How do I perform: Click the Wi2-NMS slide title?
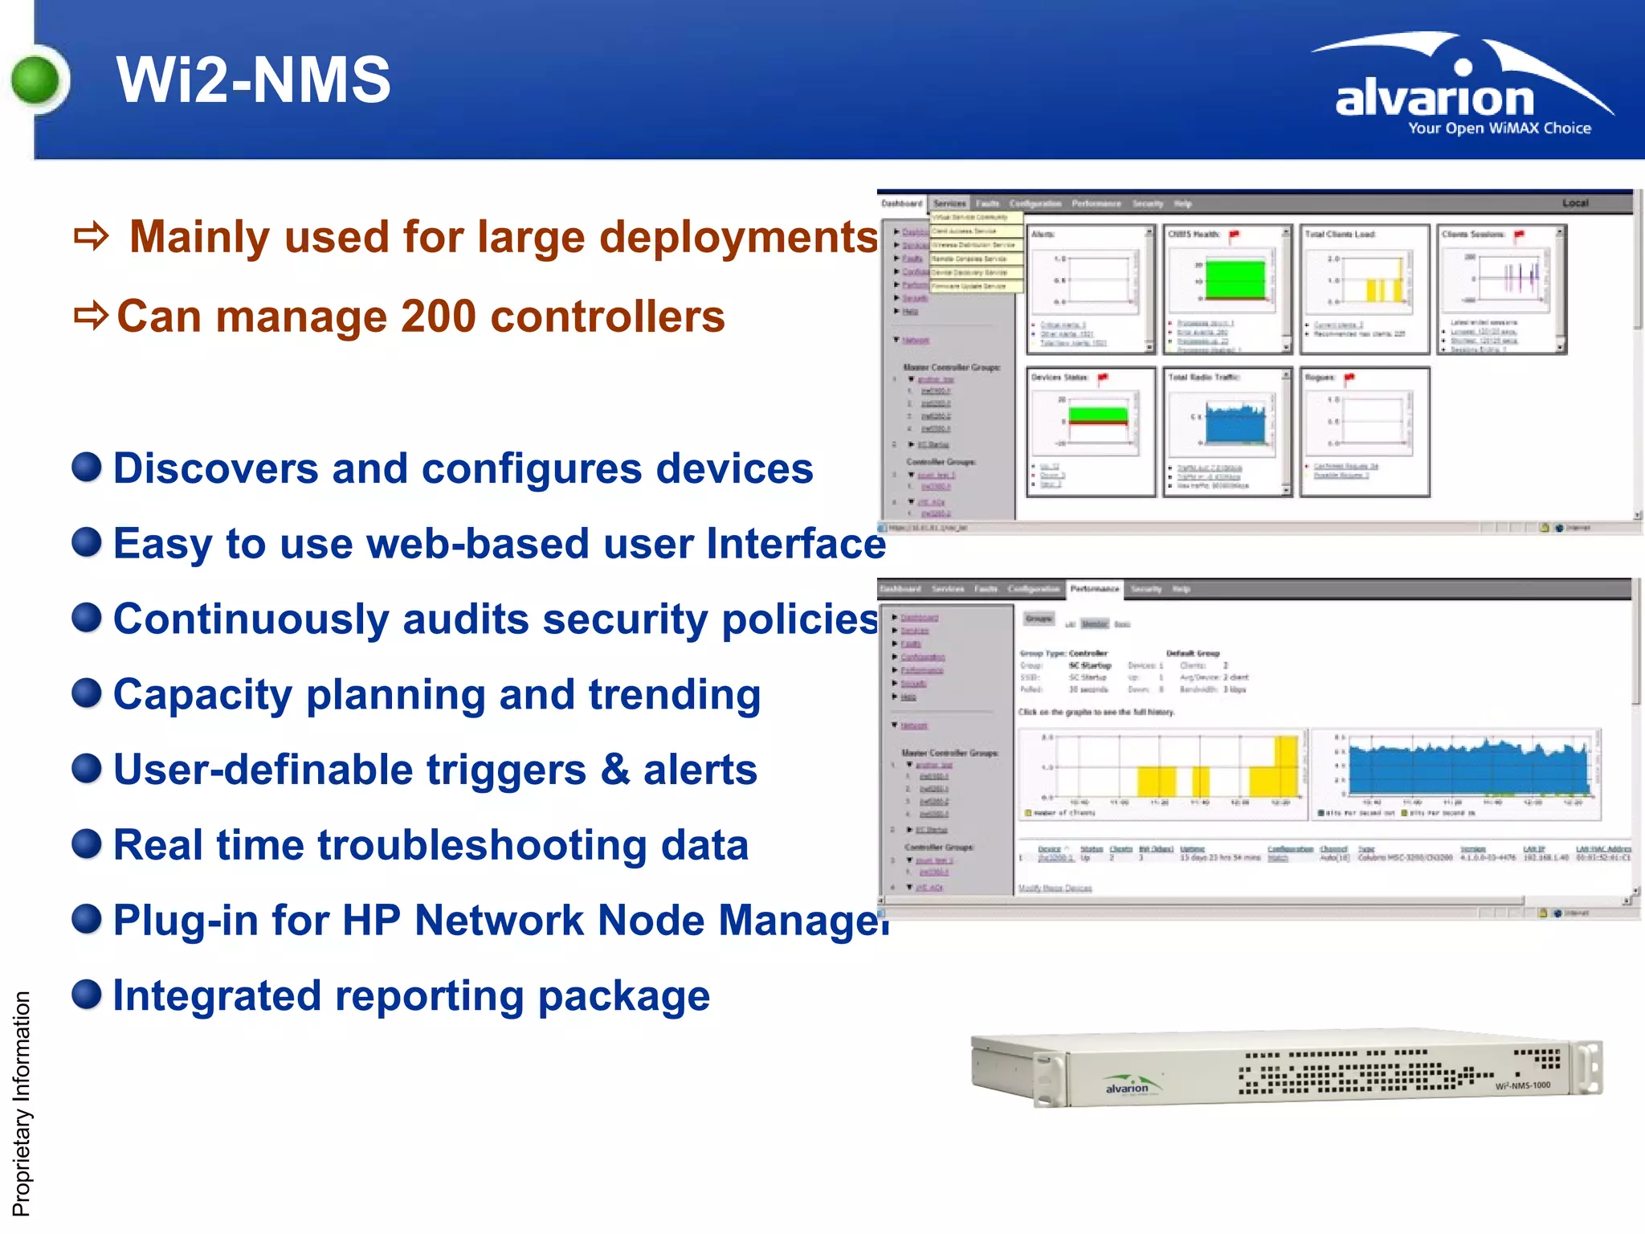253,80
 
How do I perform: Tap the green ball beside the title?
36,80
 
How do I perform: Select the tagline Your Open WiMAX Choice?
1499,129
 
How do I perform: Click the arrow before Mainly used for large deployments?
91,237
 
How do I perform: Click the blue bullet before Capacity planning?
87,693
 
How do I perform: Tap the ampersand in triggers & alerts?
615,769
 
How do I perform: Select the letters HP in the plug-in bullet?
371,920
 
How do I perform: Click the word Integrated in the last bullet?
217,995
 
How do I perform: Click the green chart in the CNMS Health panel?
1235,279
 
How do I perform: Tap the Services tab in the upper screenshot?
949,204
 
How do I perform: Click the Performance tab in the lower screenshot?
1094,589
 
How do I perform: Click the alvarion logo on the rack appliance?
1127,1086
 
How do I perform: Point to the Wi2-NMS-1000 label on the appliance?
1523,1085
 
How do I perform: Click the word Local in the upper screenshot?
1575,203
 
